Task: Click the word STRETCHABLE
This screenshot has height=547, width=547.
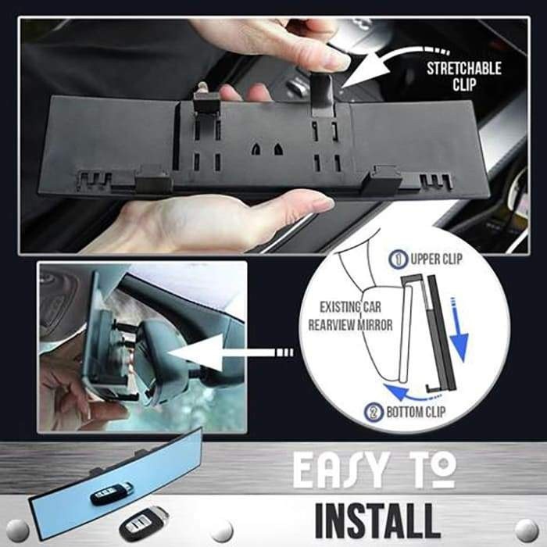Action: tap(464, 69)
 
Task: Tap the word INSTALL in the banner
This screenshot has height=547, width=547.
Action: tap(377, 521)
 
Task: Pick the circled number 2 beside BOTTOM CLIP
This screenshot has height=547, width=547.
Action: tap(374, 413)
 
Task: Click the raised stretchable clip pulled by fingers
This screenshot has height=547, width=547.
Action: tap(322, 95)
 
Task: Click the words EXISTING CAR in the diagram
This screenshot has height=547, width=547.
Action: tap(350, 307)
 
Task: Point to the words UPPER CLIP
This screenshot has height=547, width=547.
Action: tap(436, 259)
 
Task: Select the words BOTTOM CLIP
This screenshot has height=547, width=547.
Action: tap(416, 412)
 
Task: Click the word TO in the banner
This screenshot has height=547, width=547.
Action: tap(434, 470)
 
